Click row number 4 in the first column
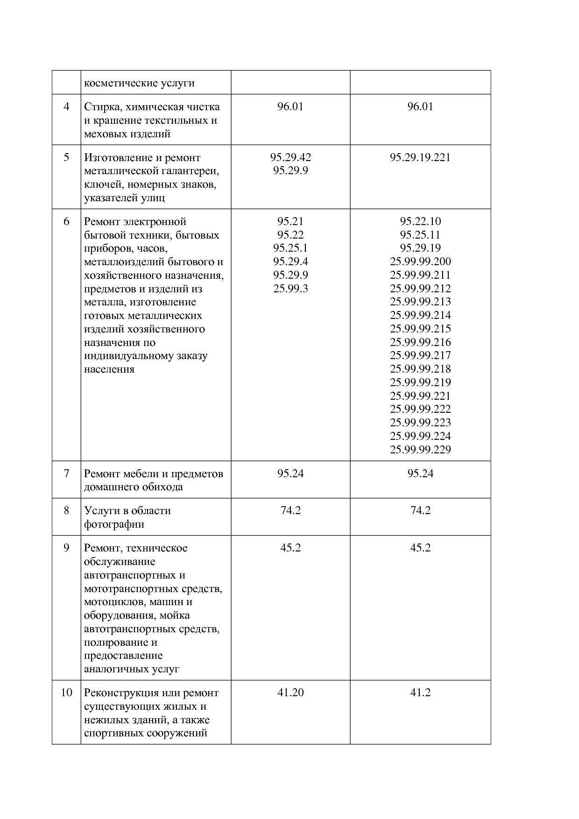[66, 106]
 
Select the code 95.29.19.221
[420, 157]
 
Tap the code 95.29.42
[290, 157]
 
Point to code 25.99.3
[290, 289]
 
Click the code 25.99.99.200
[420, 261]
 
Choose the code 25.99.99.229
[420, 450]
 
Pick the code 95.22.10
[420, 221]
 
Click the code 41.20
[290, 692]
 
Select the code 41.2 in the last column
[420, 692]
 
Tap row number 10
[66, 692]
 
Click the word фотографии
[114, 524]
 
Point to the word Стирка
[101, 107]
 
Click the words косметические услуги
[139, 84]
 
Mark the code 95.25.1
[290, 248]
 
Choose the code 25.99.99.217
[420, 355]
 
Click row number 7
[66, 473]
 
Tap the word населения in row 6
[109, 369]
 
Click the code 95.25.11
[420, 235]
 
